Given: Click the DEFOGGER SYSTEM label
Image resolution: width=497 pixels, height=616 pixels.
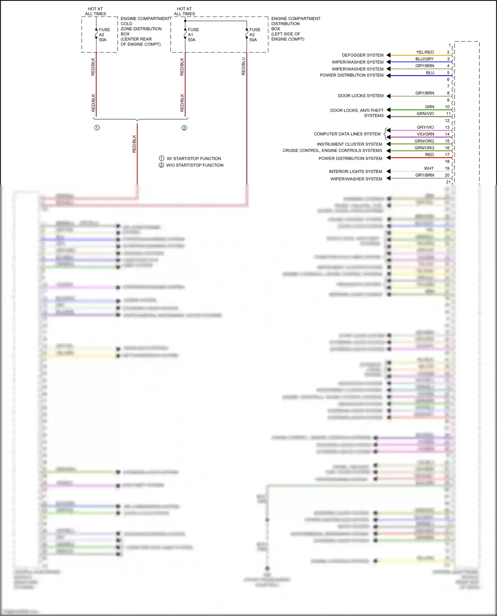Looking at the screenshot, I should click(x=362, y=55).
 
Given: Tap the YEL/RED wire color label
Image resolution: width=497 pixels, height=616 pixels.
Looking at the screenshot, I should click(x=425, y=52).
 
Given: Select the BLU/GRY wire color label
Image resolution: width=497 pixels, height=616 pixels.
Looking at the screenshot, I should click(x=424, y=59).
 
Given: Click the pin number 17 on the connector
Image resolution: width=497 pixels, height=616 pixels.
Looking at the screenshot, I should click(x=447, y=155).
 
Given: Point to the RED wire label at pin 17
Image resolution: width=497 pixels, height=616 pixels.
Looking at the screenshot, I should click(x=429, y=155).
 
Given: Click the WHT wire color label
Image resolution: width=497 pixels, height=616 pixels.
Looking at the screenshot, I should click(x=429, y=168).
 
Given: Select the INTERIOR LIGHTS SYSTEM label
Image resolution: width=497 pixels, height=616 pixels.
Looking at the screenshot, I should click(x=355, y=171).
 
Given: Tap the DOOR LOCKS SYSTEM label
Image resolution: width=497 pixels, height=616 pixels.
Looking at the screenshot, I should click(x=360, y=96).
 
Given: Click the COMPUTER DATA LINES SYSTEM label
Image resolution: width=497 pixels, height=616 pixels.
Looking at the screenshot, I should click(x=347, y=134).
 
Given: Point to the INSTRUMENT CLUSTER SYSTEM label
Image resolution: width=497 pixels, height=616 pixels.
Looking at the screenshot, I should click(x=349, y=144).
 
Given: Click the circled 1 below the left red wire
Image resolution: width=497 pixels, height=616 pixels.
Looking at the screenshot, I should click(x=97, y=128).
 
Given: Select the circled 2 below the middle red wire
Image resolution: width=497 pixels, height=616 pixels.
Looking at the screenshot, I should click(x=184, y=128).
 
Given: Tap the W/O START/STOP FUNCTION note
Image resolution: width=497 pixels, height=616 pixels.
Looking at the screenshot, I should click(x=194, y=165).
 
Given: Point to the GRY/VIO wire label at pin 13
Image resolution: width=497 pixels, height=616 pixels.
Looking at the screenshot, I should click(x=425, y=127).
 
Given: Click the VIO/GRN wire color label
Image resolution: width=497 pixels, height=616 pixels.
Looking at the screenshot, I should click(x=425, y=134).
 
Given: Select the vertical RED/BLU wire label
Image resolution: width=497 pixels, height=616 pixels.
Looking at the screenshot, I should click(x=244, y=67).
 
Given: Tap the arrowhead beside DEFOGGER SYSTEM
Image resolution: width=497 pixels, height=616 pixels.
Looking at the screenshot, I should click(x=388, y=55).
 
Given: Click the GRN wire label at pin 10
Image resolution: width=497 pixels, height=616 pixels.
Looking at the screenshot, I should click(x=429, y=107).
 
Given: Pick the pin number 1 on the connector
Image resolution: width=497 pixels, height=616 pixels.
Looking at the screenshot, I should click(x=449, y=45).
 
